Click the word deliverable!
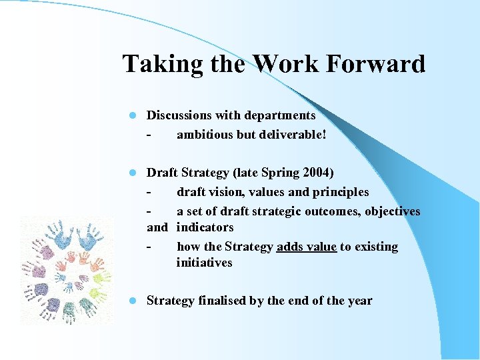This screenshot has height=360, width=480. point(295,134)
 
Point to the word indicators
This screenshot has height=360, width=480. point(205,227)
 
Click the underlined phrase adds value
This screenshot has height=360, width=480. point(306,247)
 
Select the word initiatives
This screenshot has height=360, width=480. point(204,263)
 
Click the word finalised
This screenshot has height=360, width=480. point(221,301)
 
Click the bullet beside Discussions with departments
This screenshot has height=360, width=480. point(133,116)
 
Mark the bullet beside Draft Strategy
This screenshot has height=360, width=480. point(133,173)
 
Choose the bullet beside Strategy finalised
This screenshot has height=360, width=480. point(133,301)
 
